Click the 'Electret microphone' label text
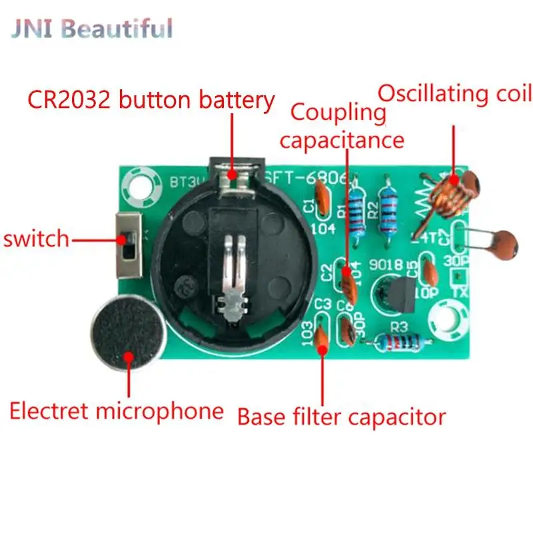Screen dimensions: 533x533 pos(116,410)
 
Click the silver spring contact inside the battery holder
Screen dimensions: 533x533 pos(233,273)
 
